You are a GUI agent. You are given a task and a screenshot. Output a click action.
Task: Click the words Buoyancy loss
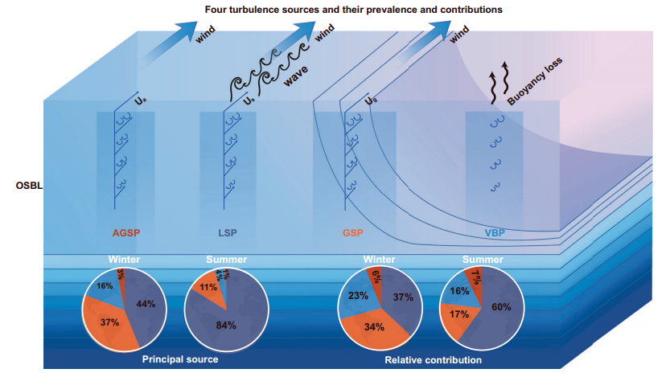[x=535, y=81]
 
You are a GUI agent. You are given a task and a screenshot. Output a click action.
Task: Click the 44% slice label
[x=146, y=304]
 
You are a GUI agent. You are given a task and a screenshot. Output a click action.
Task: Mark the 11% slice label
[x=208, y=286]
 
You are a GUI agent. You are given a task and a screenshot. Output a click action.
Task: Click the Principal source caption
[x=179, y=359]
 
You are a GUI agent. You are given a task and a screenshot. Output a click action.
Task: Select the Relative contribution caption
[x=434, y=360]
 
